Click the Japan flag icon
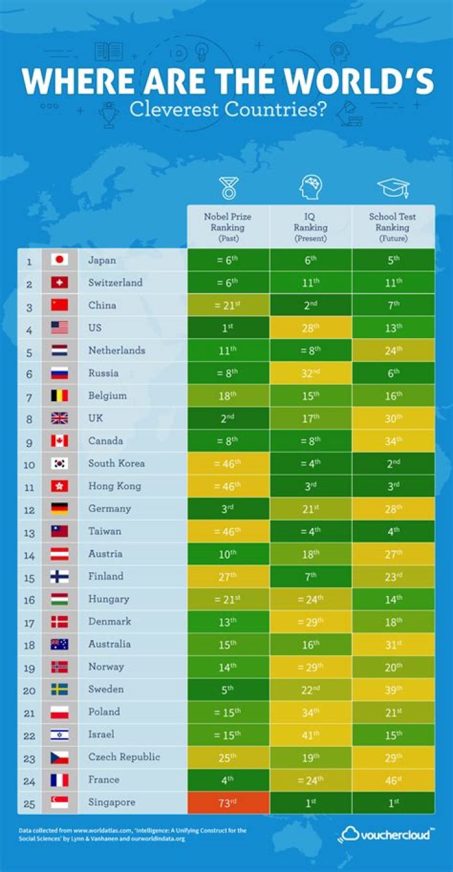click(59, 260)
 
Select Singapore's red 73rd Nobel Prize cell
click(228, 802)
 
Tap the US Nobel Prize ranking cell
click(228, 328)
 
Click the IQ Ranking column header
click(310, 227)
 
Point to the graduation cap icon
click(393, 187)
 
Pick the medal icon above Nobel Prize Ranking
click(228, 188)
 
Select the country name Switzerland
click(115, 282)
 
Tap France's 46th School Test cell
click(393, 780)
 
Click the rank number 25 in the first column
click(29, 802)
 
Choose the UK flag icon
click(59, 418)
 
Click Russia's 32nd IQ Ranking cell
click(310, 373)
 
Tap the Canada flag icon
click(59, 441)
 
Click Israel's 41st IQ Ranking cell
click(310, 734)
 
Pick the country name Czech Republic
click(124, 757)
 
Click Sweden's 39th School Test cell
click(393, 689)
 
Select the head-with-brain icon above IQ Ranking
click(310, 187)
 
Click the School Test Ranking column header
click(393, 227)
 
